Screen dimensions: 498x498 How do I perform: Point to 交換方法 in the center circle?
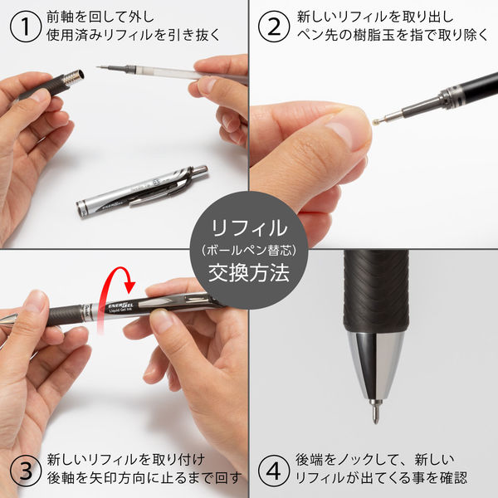248,274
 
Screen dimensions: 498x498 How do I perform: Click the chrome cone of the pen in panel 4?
376,357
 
